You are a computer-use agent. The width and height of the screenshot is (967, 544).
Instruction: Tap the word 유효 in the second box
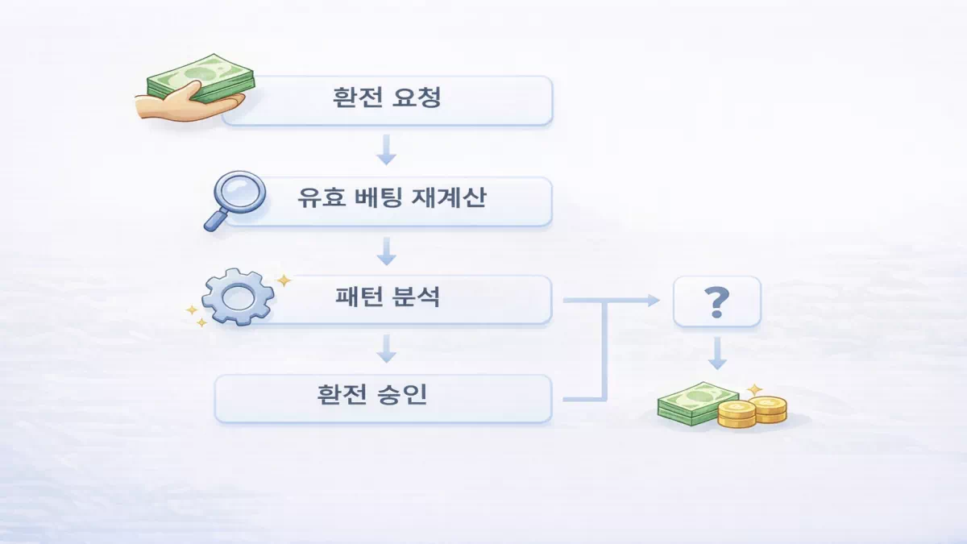(315, 198)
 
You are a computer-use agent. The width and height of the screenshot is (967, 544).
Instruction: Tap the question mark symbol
(716, 301)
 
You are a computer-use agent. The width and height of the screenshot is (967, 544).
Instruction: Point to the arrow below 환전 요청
(388, 150)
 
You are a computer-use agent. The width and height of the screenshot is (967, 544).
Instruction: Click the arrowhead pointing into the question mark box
(654, 300)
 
